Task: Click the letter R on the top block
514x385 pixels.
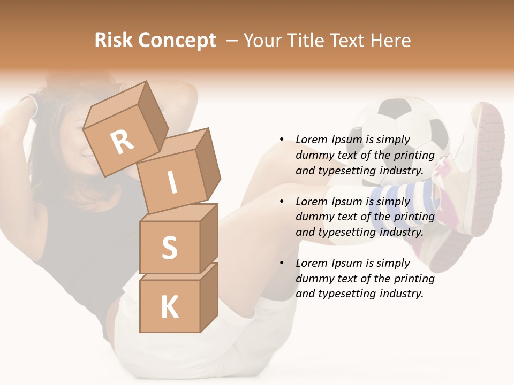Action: click(x=123, y=142)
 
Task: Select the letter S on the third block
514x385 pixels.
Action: click(x=169, y=248)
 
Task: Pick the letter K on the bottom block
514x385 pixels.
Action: click(x=170, y=307)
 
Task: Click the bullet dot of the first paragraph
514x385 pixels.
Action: click(x=282, y=140)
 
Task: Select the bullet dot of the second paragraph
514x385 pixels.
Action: click(x=282, y=202)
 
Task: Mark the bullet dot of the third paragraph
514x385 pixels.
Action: click(x=282, y=263)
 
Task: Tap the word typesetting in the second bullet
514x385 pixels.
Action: click(x=348, y=232)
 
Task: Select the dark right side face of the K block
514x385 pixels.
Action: click(x=209, y=297)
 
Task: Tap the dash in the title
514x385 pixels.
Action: click(x=232, y=41)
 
